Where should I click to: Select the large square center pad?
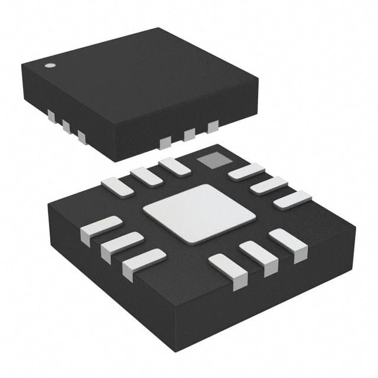point(191,211)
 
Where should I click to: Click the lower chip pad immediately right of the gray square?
point(246,171)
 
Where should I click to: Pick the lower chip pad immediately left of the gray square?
point(175,166)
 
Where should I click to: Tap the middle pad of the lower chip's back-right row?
point(269,185)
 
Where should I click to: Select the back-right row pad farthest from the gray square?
point(292,199)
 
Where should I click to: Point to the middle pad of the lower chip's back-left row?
point(146,176)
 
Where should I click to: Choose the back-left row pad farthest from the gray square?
point(117,187)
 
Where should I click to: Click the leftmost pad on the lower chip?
point(101,230)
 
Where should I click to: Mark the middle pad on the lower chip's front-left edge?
point(122,246)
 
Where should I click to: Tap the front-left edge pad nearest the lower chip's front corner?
point(144,263)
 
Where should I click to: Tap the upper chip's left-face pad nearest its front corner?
point(82,137)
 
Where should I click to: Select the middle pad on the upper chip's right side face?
point(190,134)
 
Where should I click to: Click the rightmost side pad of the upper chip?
point(213,125)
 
